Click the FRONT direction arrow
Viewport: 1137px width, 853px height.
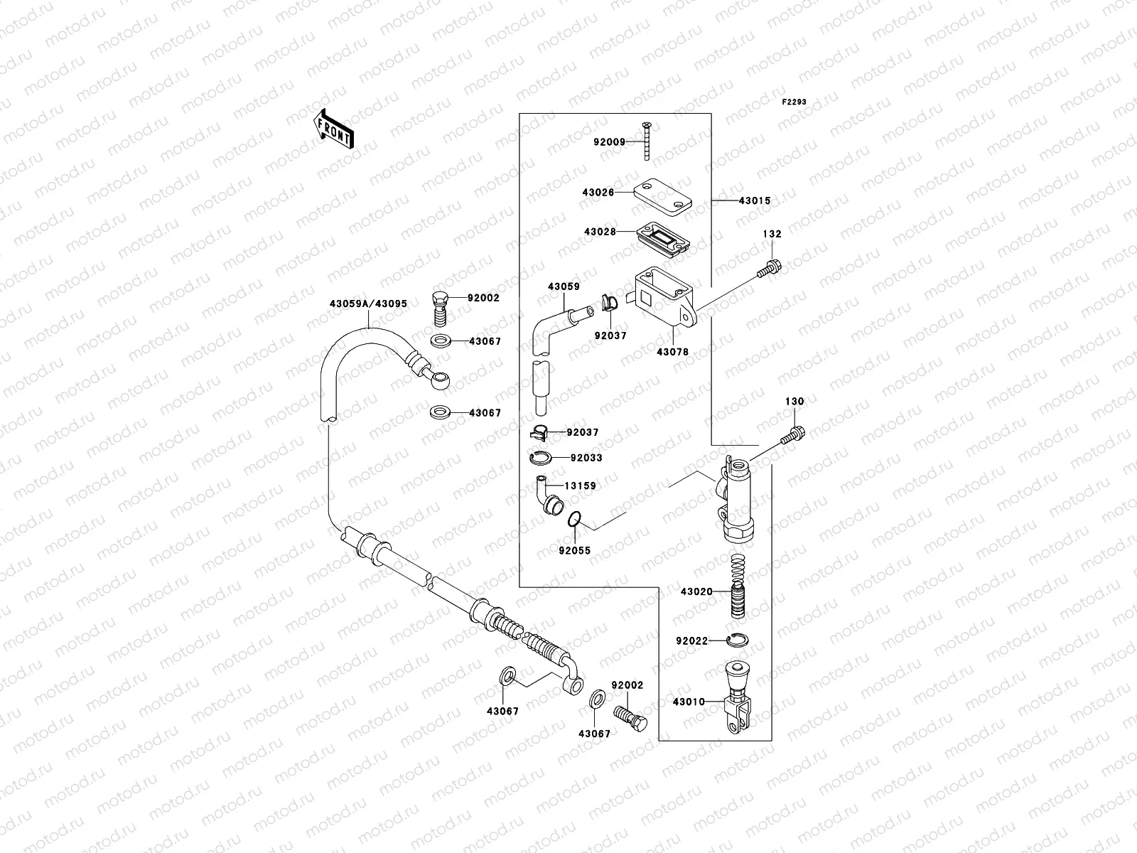(x=333, y=129)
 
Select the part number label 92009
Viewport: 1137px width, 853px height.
(x=609, y=142)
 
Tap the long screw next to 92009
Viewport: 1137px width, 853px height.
(x=647, y=141)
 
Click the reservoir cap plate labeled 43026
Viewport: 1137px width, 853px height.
(x=662, y=198)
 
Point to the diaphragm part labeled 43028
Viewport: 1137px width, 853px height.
(x=663, y=238)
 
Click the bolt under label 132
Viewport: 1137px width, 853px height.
(x=770, y=268)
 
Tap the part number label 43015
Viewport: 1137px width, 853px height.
(x=755, y=201)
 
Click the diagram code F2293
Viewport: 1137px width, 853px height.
(x=794, y=102)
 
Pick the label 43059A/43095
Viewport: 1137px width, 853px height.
(x=368, y=304)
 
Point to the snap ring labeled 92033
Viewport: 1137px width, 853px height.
(x=541, y=458)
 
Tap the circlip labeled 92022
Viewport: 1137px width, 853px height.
(x=737, y=640)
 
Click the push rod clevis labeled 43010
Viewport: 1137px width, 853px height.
(x=738, y=697)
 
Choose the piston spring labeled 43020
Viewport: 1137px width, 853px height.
(x=738, y=586)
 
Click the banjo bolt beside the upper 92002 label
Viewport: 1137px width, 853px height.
(x=440, y=309)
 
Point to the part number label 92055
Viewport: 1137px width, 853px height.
(x=574, y=550)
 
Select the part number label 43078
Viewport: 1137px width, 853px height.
(x=673, y=352)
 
